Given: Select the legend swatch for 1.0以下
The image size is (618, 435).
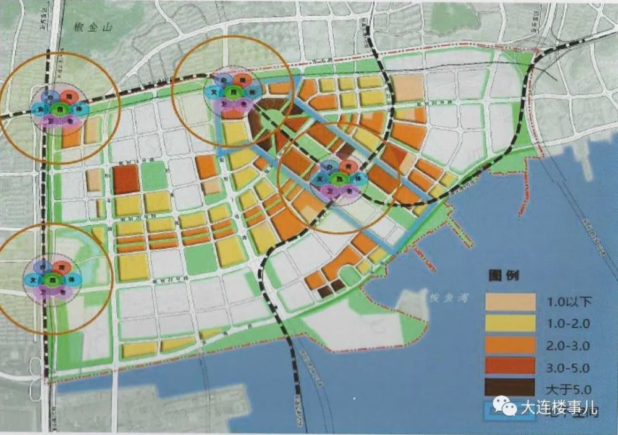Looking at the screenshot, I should [510, 302].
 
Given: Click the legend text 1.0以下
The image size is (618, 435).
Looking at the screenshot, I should [570, 303].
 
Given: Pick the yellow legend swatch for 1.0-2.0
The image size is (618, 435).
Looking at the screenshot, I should [510, 324].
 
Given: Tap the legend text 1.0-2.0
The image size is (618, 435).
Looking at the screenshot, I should [569, 324].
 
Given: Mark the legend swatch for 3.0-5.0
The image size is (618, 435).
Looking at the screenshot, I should [510, 367].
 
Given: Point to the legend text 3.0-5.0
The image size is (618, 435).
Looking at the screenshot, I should [569, 368].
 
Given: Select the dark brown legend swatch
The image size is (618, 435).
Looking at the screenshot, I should [510, 388].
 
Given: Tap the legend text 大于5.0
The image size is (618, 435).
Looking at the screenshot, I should [569, 389].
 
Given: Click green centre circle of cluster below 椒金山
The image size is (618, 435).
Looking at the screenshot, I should [60, 110].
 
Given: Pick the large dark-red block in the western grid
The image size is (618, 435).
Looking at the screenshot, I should [126, 179].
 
